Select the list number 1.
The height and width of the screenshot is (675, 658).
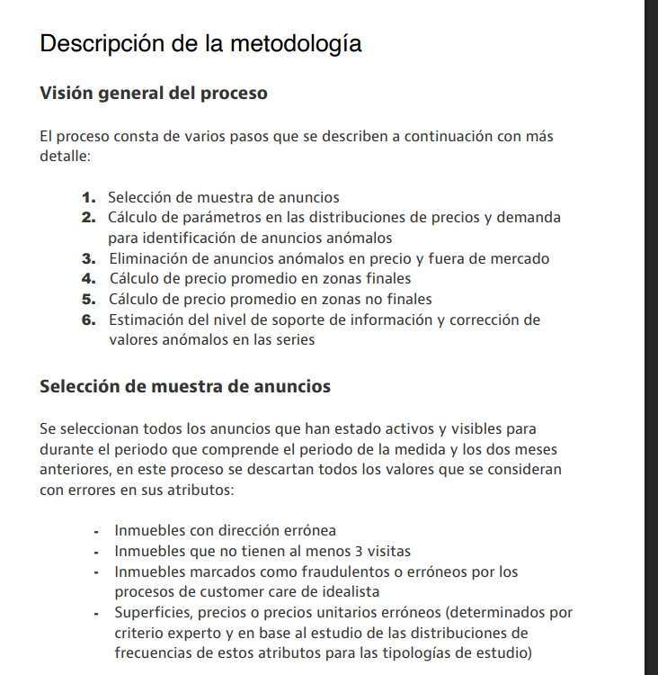88,197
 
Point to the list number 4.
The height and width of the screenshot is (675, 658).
88,279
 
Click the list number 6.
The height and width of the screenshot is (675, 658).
88,320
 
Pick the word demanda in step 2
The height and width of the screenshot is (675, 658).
531,218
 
